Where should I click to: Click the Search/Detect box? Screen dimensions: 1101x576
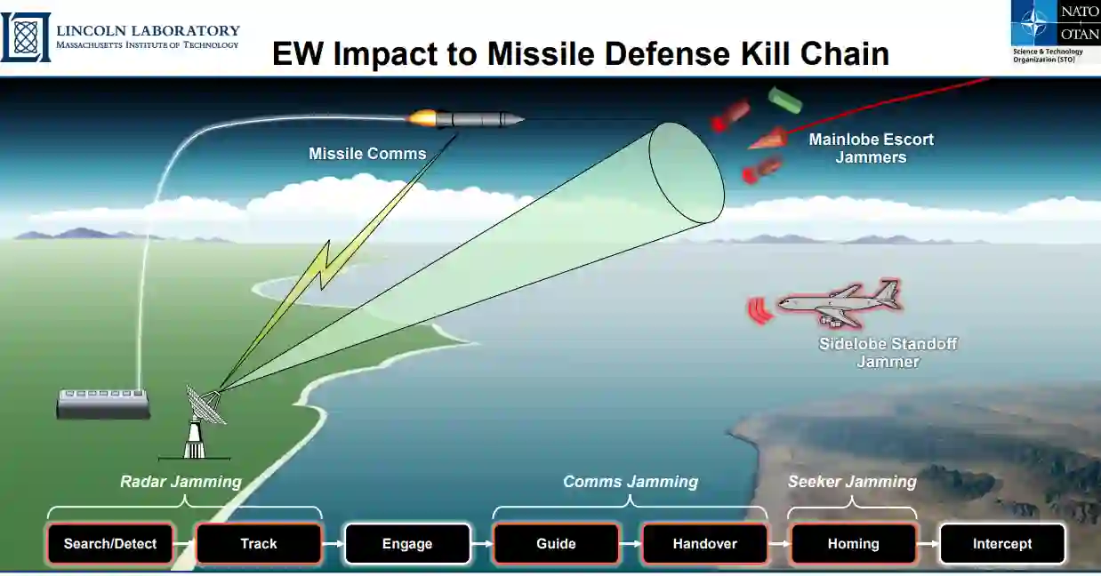click(x=110, y=544)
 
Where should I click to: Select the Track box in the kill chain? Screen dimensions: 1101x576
click(x=259, y=544)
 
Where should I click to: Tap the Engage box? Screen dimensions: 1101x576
click(x=407, y=544)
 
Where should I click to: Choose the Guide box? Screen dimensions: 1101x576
click(x=556, y=544)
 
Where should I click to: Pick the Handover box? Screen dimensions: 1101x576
click(x=704, y=544)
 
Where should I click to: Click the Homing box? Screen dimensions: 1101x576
click(x=853, y=544)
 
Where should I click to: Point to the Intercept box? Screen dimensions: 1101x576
click(x=1002, y=544)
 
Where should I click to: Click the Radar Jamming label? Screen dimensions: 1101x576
click(x=181, y=482)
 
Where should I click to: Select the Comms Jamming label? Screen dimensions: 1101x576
click(x=631, y=482)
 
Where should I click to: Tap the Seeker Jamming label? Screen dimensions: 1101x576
click(x=852, y=482)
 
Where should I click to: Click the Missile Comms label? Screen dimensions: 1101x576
click(x=367, y=154)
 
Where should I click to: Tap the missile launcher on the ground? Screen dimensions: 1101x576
click(x=103, y=404)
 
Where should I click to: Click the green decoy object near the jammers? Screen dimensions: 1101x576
click(x=784, y=100)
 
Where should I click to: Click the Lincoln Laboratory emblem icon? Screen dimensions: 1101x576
click(x=26, y=37)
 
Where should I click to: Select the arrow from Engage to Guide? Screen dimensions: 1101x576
click(x=481, y=544)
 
